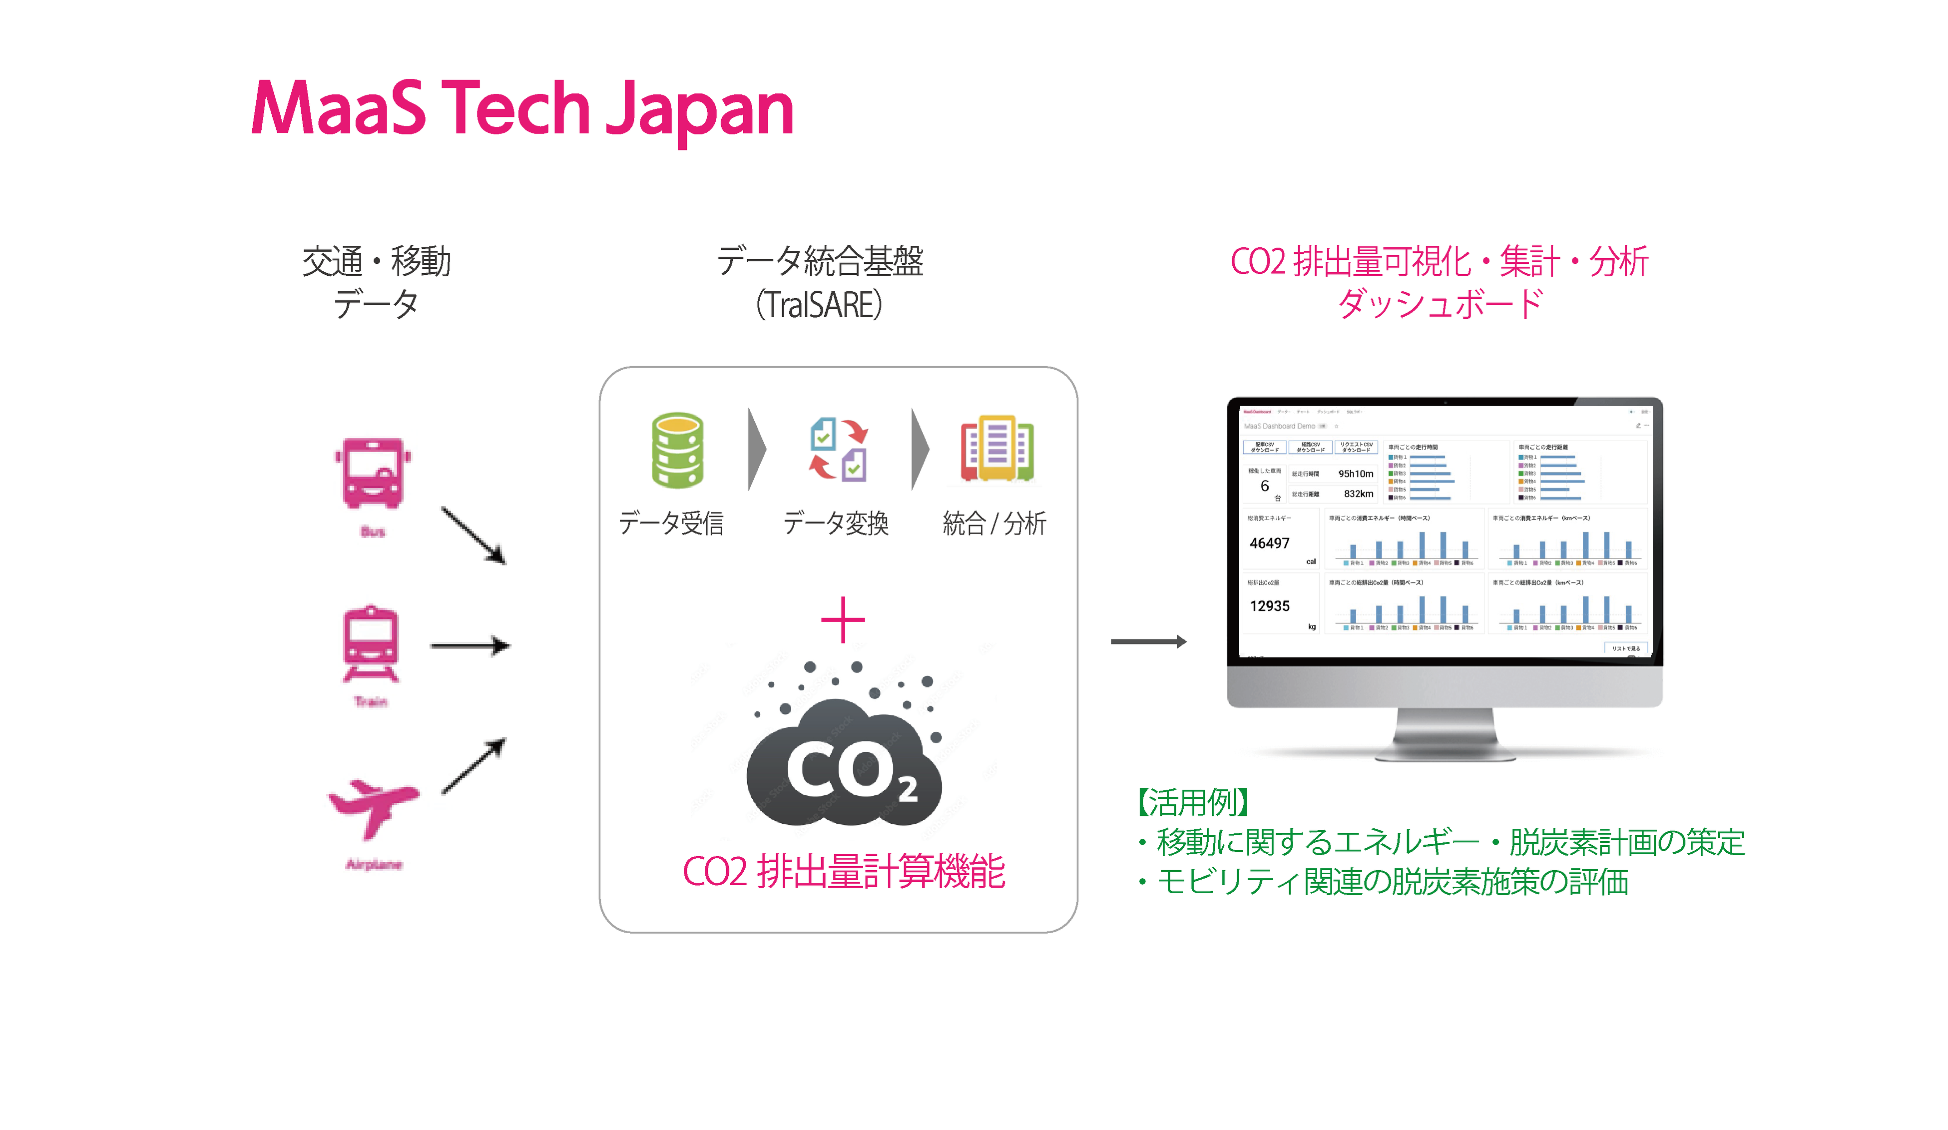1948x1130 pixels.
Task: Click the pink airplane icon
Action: (x=374, y=808)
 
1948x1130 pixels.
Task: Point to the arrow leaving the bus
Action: (x=473, y=535)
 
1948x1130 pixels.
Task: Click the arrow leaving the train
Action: (x=470, y=645)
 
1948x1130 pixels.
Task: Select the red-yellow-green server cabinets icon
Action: (x=997, y=448)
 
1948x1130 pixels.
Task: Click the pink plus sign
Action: (x=843, y=620)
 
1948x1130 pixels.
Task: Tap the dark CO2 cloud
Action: (x=844, y=765)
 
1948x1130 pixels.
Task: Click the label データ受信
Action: (x=671, y=523)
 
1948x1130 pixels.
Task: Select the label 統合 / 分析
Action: (x=994, y=523)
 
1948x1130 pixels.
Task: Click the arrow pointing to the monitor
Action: (x=1148, y=641)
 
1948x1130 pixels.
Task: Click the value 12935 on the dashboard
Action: (x=1269, y=606)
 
